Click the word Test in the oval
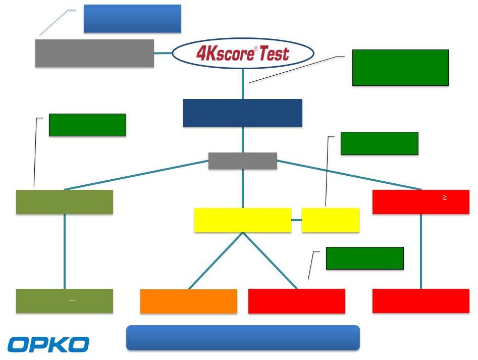point(275,54)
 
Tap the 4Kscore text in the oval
point(225,54)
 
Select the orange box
point(189,301)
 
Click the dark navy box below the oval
point(243,113)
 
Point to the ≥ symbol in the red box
point(445,197)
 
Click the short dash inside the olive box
point(72,300)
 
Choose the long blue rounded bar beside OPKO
point(243,338)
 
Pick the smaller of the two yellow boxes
point(331,220)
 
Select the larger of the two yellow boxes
point(243,220)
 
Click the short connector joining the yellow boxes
point(296,220)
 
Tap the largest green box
point(400,68)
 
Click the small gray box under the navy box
point(243,161)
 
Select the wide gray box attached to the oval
point(94,54)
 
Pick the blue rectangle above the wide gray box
point(132,19)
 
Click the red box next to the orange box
point(297,301)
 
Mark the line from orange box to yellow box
point(216,261)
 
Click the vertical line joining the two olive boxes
point(65,251)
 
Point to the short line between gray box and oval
point(163,53)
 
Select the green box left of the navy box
point(87,125)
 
